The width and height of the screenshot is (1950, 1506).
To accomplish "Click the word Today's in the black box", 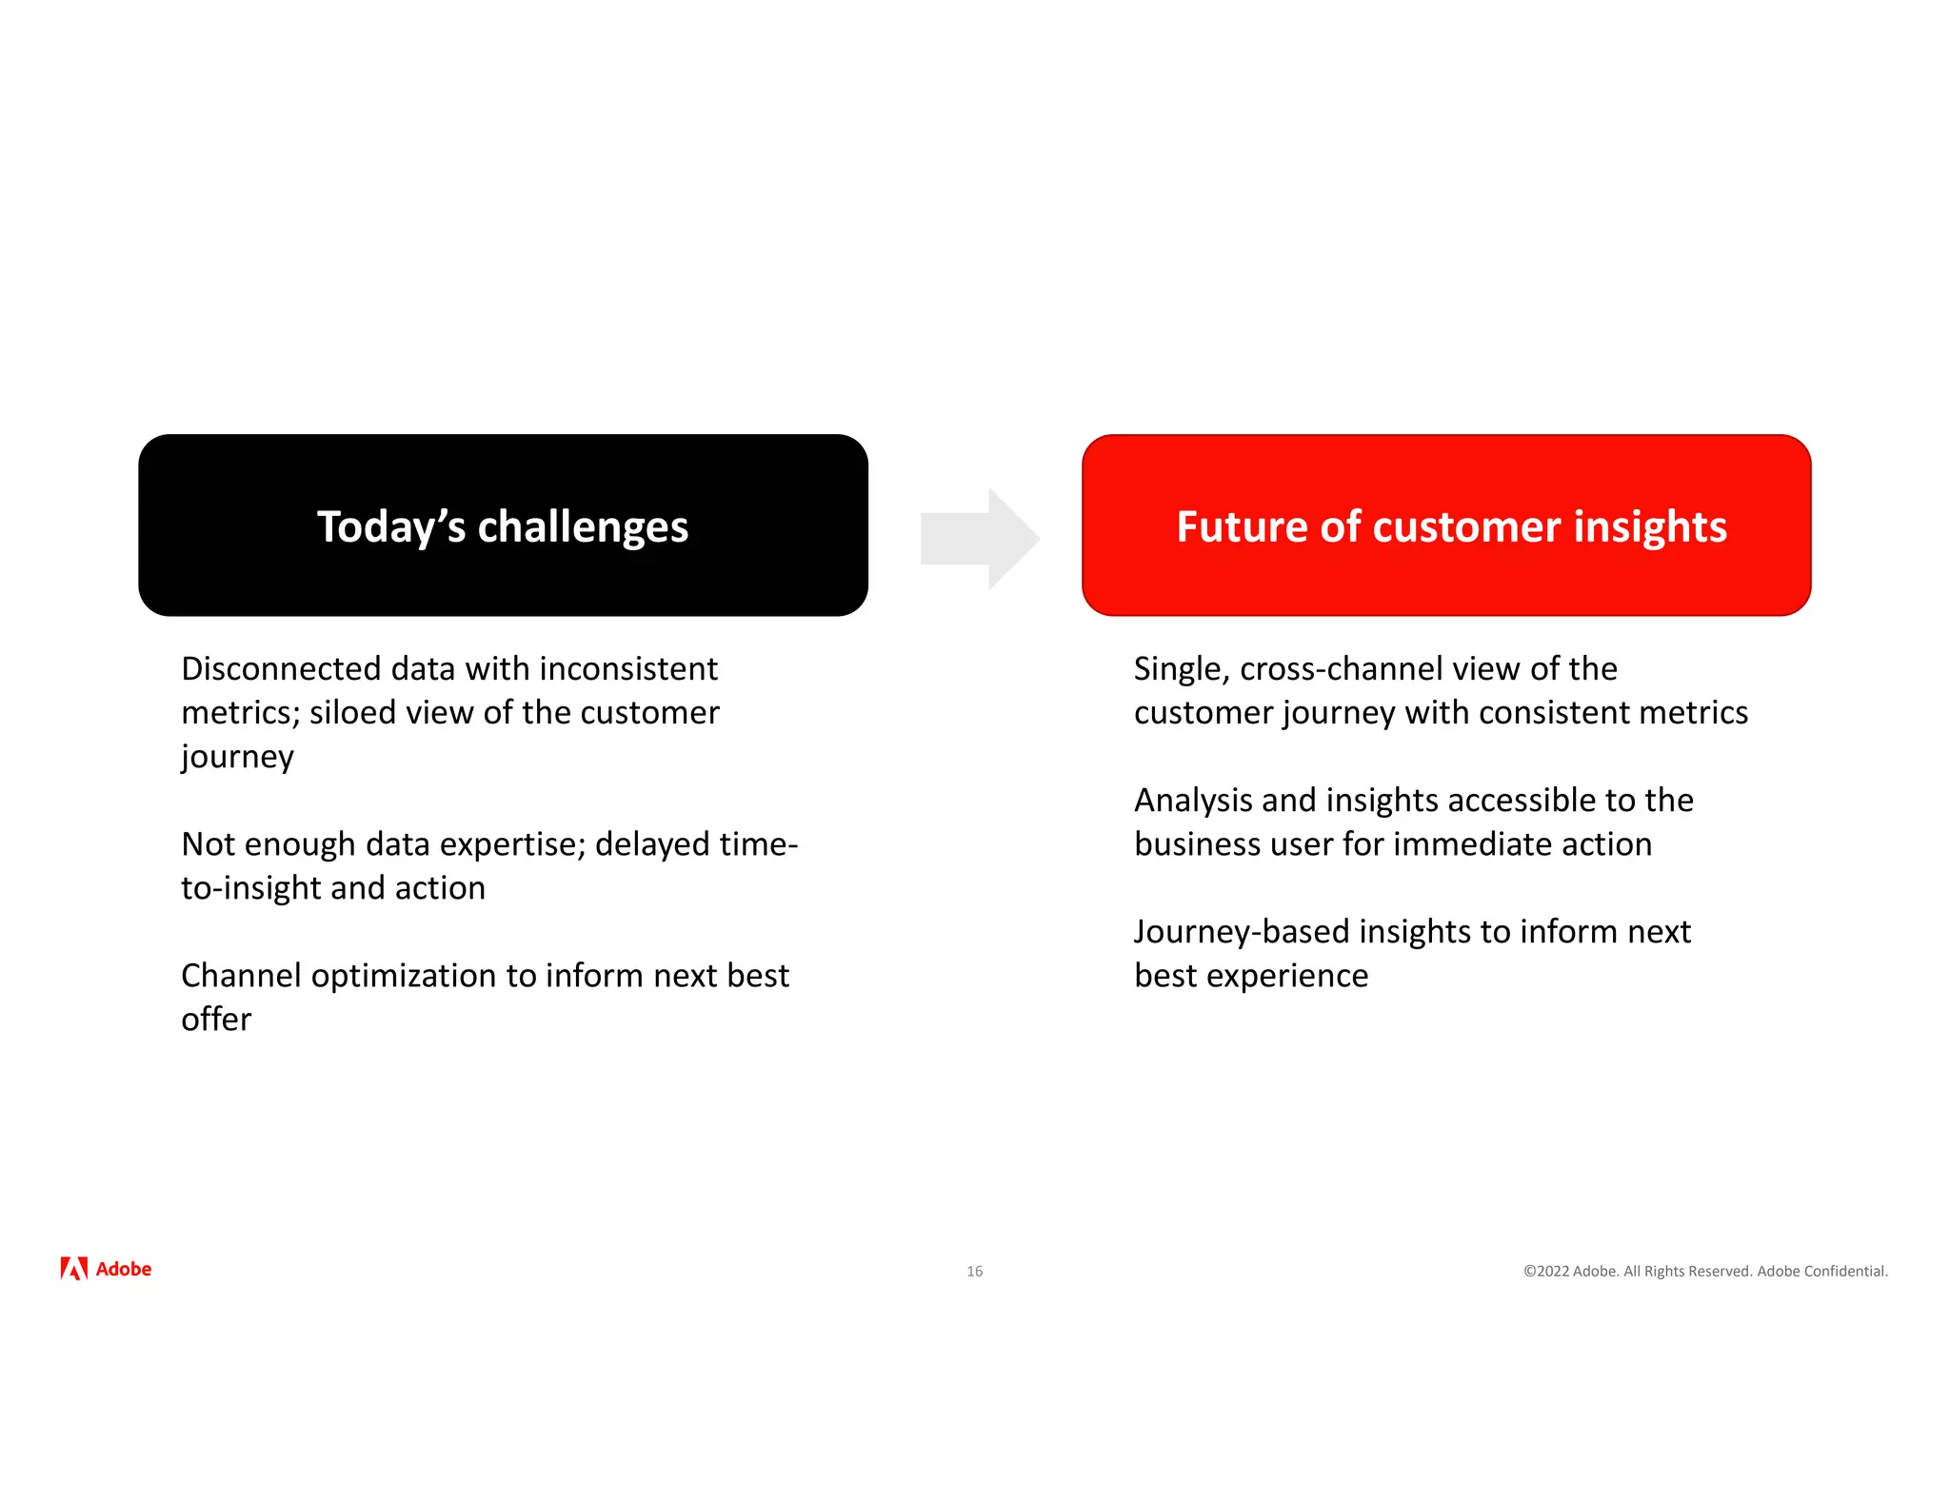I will coord(390,527).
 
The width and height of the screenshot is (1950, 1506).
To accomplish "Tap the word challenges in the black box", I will coord(582,527).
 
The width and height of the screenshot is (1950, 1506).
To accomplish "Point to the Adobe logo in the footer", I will coord(106,1269).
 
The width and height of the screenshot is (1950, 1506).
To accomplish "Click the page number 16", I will coord(974,1271).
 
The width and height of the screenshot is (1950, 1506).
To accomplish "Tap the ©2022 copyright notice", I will coord(1704,1271).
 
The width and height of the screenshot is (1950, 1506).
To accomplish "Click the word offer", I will coord(216,1020).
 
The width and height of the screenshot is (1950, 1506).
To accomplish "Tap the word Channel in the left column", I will coord(240,976).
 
